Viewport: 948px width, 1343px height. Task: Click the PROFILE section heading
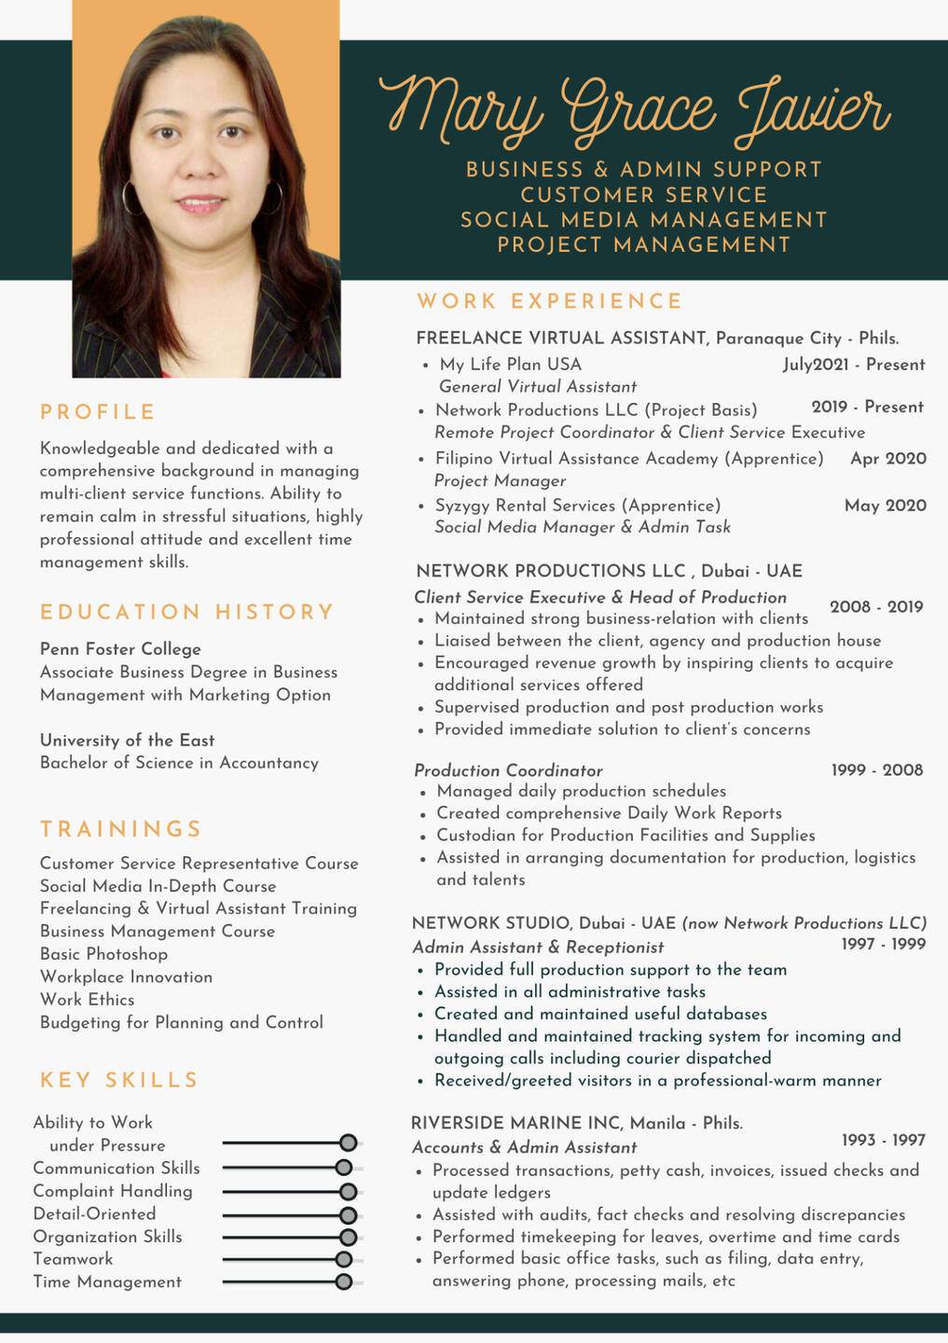[98, 412]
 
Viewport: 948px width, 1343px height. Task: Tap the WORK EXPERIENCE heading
[550, 301]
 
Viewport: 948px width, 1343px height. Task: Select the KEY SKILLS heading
[119, 1080]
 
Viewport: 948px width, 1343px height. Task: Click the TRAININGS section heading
[121, 829]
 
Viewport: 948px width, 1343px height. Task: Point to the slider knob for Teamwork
[344, 1259]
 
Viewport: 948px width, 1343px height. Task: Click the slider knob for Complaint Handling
[349, 1191]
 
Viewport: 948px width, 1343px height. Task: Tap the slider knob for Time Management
[344, 1281]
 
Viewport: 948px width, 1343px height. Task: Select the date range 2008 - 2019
[876, 607]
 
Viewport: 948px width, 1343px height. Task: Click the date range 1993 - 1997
[883, 1140]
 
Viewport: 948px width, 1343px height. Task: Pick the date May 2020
[885, 505]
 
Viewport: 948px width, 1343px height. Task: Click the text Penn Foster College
[120, 649]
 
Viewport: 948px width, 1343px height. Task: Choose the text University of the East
[127, 741]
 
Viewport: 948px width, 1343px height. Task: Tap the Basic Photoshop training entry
[103, 954]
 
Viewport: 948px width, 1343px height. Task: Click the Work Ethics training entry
[87, 1000]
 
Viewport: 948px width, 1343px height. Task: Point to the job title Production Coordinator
[508, 770]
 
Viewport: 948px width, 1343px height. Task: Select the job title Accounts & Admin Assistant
[525, 1147]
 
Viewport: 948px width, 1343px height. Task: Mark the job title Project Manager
[500, 480]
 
